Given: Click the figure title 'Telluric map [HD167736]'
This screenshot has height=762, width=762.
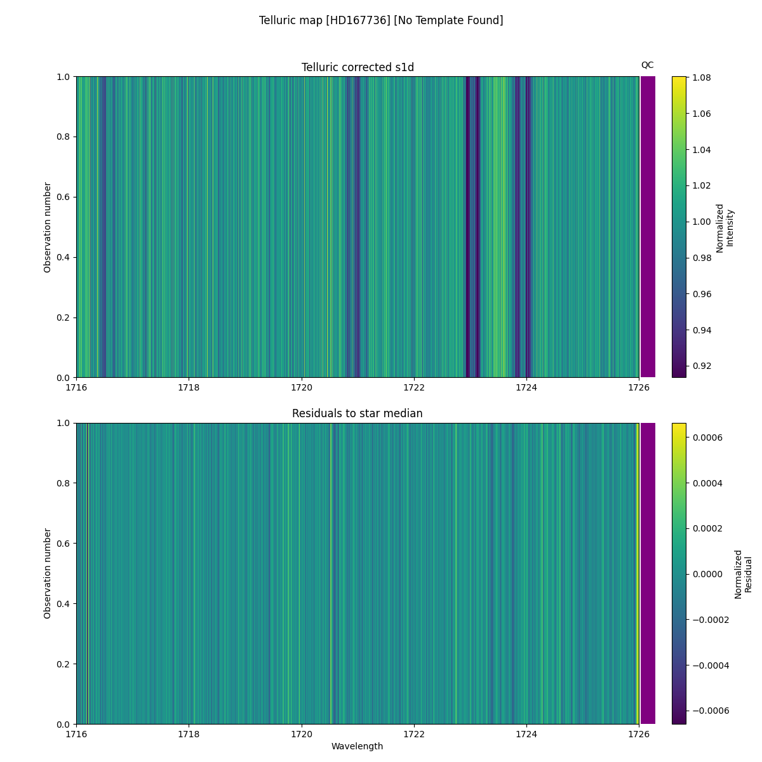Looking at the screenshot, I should (381, 20).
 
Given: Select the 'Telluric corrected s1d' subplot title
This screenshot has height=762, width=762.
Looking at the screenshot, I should (358, 67).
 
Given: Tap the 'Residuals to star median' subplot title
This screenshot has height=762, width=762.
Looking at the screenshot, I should (358, 413).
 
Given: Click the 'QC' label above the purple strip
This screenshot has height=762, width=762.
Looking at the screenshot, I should (647, 65).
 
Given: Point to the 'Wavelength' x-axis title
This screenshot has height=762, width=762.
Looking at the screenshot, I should (358, 746).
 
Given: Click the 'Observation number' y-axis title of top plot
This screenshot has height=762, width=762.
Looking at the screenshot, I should (48, 227).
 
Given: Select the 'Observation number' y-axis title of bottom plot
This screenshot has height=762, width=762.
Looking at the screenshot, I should (48, 573).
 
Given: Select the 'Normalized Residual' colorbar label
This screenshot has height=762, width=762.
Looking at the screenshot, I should (743, 573).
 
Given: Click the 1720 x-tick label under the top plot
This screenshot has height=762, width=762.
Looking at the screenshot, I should (302, 387).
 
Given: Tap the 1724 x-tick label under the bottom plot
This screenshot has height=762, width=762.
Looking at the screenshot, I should (526, 734).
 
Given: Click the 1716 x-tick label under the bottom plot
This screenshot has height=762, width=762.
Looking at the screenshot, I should (77, 734).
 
